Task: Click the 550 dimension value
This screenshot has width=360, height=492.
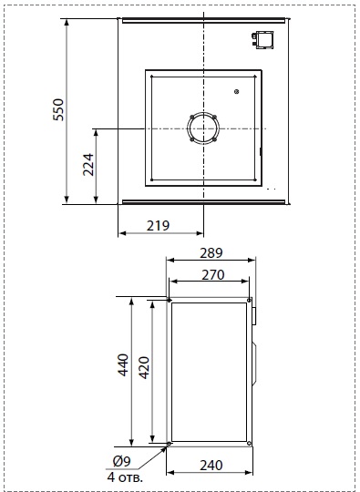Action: pos(58,109)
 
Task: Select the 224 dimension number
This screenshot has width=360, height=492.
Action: pos(88,165)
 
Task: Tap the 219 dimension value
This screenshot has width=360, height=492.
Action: pos(158,226)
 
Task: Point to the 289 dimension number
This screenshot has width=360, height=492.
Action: pos(211,253)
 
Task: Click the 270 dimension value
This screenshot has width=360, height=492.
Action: pos(213,275)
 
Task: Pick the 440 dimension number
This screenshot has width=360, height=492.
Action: pos(123,365)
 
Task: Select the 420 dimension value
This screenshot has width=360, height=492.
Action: pos(144,368)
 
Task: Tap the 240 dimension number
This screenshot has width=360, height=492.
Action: pos(211,466)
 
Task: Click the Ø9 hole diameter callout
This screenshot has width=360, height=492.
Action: pos(122,461)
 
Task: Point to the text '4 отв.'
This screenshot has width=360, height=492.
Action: pos(125,477)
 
